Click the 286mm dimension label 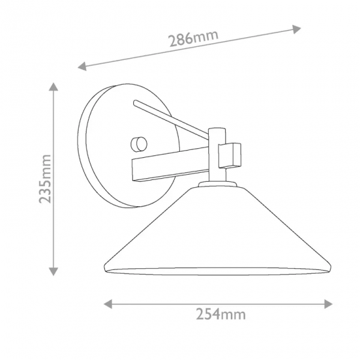click(193, 38)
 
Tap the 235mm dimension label click(45, 179)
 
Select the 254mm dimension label click(221, 314)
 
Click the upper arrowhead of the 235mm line click(53, 87)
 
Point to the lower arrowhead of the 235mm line click(53, 271)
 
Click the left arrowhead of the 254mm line click(108, 304)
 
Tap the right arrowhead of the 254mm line click(328, 304)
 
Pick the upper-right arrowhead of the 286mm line click(296, 29)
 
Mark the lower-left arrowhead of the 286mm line click(82, 66)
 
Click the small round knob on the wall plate click(139, 145)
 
